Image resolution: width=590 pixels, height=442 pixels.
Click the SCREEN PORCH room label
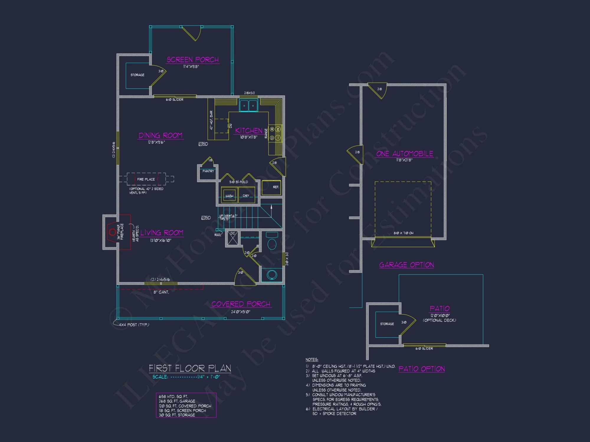[193, 60]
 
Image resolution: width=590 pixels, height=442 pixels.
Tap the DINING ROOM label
[160, 136]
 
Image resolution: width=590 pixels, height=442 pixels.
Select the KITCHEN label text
[248, 131]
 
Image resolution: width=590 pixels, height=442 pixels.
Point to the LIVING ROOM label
[162, 233]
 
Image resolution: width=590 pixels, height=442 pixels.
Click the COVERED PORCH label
[241, 304]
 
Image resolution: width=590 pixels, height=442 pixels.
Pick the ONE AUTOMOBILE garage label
[404, 154]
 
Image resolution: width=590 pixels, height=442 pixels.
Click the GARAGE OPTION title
[406, 265]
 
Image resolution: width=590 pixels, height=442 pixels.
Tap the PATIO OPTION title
[421, 369]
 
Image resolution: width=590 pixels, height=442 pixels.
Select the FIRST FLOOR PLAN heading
[190, 368]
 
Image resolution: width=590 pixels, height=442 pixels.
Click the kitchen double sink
[248, 105]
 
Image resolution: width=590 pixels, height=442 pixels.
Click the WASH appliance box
[229, 196]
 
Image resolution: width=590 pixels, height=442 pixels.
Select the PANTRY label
[208, 171]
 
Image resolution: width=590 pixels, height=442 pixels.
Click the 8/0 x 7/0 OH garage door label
[403, 233]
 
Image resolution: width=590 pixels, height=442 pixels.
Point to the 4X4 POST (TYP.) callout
[134, 325]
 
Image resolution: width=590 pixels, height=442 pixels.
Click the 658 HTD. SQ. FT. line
[173, 397]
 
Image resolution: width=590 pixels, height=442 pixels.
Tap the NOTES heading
[312, 359]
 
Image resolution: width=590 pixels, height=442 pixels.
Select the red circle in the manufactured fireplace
[112, 232]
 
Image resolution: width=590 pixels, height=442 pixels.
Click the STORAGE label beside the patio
[387, 324]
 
